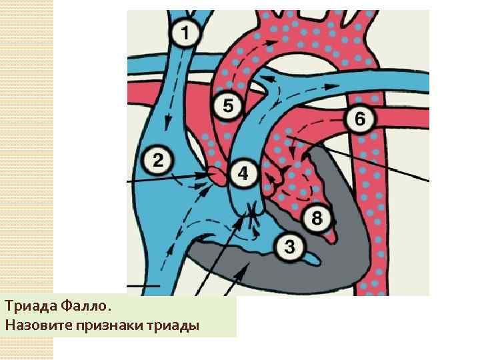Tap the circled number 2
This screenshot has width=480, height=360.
158,160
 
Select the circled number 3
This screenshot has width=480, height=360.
289,246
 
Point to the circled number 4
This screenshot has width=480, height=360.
243,173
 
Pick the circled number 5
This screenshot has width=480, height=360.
228,106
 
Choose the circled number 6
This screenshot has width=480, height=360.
359,119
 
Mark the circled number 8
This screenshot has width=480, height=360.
317,217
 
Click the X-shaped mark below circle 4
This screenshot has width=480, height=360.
254,213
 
